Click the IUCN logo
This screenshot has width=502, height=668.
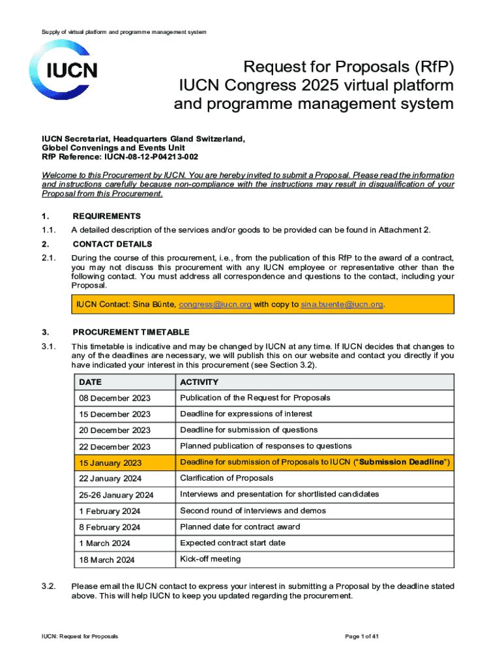[62, 70]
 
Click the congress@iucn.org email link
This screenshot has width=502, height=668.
[215, 304]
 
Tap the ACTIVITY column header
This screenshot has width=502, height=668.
[199, 382]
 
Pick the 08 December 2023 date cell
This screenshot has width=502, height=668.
[114, 398]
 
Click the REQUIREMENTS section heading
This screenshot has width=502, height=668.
[106, 216]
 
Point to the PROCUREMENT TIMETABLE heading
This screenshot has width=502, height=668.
[131, 332]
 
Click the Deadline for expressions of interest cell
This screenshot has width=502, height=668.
[246, 414]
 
